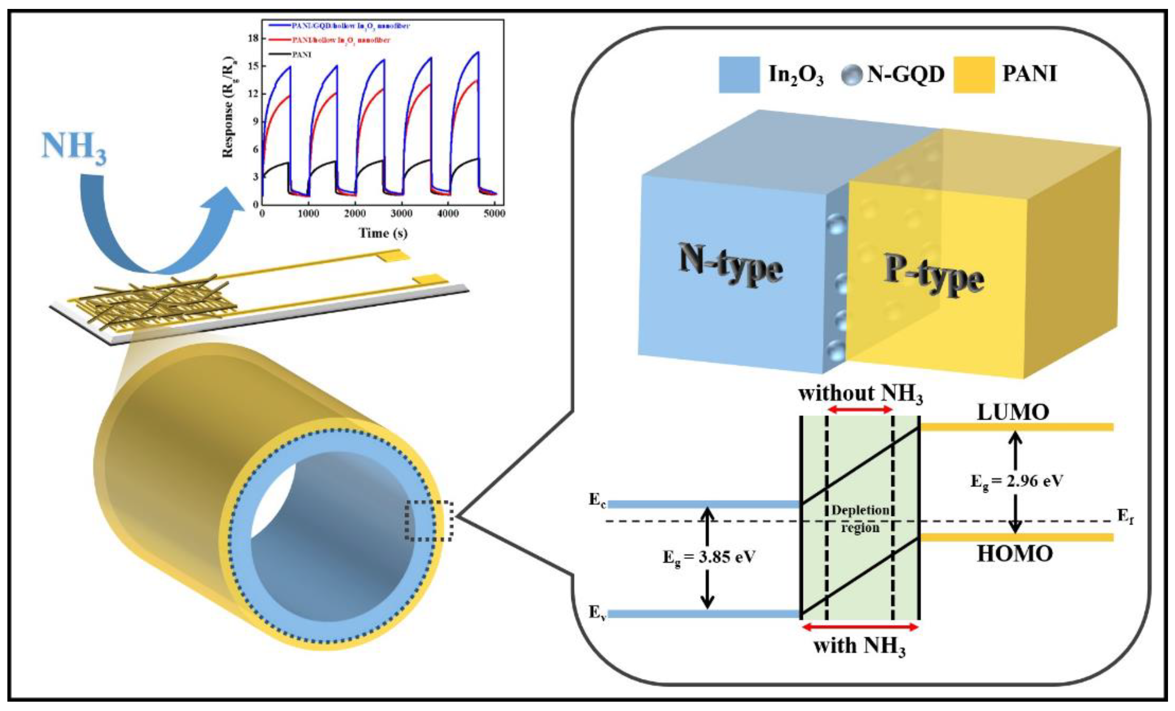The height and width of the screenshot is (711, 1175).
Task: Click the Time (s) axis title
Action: click(x=383, y=233)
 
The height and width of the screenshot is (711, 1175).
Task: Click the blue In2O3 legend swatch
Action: click(x=739, y=75)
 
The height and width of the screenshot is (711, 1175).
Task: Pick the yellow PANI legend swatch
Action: click(x=974, y=75)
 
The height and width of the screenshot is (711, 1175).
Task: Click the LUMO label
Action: click(x=1013, y=413)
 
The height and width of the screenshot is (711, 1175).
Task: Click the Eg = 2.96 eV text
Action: click(x=1017, y=481)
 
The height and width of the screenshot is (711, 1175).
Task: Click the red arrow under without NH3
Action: click(x=859, y=409)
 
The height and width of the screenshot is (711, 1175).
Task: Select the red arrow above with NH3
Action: click(x=860, y=627)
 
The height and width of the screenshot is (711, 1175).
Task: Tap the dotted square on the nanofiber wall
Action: click(x=429, y=521)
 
